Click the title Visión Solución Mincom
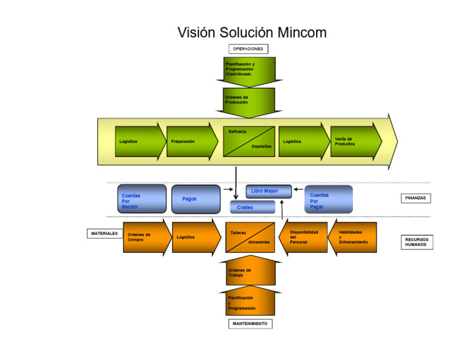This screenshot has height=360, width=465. tap(251, 32)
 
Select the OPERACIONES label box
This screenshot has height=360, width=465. tap(248, 48)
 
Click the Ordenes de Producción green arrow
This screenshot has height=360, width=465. tap(249, 100)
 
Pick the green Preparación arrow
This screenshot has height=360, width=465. tap(191, 141)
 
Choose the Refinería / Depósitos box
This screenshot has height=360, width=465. tap(249, 141)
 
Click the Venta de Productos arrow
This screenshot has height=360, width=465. tap(355, 141)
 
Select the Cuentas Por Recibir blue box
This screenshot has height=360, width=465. tap(142, 199)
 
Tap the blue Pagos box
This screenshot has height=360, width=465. tap(196, 199)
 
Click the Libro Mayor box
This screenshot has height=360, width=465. tap(268, 191)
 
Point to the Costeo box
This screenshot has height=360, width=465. tap(252, 207)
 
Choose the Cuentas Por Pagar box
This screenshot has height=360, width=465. tap(328, 199)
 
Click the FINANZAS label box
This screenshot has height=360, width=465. tap(415, 198)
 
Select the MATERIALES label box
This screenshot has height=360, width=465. tap(105, 233)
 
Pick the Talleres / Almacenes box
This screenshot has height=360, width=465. tap(250, 238)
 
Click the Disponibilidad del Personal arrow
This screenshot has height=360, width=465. tap(303, 238)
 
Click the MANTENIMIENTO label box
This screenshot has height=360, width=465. tap(250, 324)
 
